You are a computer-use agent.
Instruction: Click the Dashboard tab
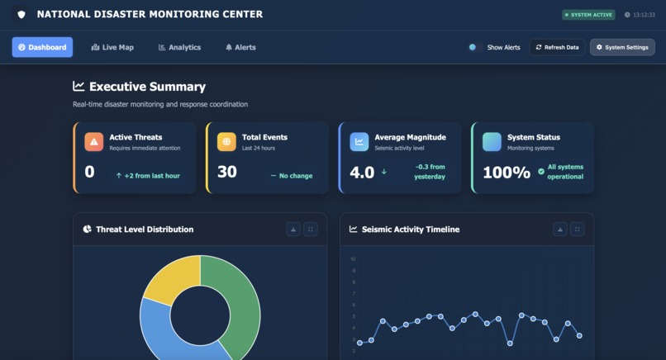(x=42, y=47)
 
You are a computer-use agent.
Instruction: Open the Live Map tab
(x=112, y=47)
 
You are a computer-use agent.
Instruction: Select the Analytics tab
(x=179, y=47)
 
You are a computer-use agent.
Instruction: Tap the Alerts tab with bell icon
(x=240, y=47)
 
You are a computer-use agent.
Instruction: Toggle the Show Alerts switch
(x=474, y=47)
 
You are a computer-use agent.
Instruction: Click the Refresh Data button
(x=557, y=47)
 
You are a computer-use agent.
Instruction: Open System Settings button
(x=622, y=47)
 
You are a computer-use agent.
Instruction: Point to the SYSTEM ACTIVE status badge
(x=588, y=15)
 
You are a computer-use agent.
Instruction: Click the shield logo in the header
(x=21, y=14)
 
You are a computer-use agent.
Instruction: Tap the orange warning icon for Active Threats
(x=94, y=142)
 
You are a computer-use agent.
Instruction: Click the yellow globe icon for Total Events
(x=226, y=142)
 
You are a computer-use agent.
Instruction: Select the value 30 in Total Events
(x=226, y=172)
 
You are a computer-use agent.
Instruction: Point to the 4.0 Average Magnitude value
(x=362, y=172)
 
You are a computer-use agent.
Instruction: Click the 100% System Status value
(x=507, y=172)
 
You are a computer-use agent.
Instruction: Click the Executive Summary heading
(x=147, y=87)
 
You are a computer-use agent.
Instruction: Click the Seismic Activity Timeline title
(x=410, y=229)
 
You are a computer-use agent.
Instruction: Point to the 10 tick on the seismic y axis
(x=353, y=258)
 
